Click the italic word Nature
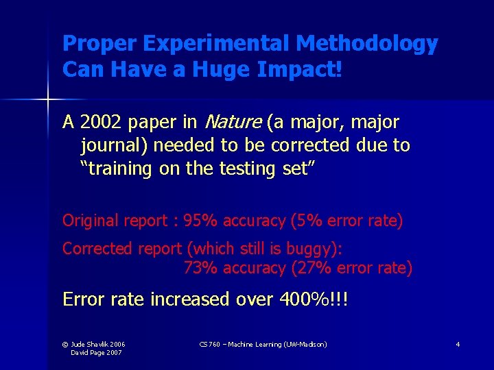pos(232,123)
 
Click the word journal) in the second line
pos(114,145)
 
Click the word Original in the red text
pos(90,221)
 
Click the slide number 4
pos(458,344)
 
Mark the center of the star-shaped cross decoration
pos(48,100)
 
